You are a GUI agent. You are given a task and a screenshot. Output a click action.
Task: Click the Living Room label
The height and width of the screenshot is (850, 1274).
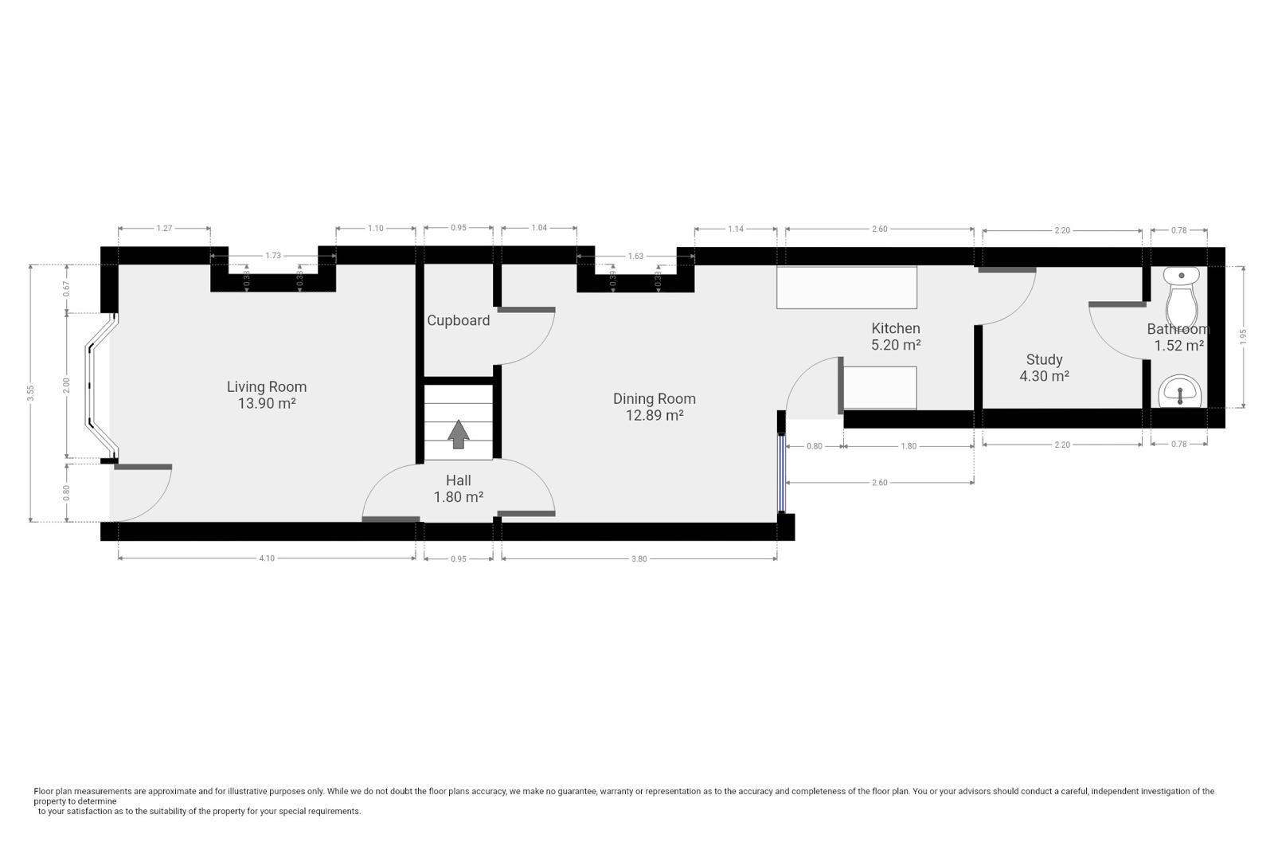[266, 386]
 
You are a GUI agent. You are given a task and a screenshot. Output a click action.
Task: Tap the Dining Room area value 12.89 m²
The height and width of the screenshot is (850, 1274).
[654, 415]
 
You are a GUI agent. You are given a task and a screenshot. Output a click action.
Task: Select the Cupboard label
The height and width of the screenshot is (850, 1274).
[458, 320]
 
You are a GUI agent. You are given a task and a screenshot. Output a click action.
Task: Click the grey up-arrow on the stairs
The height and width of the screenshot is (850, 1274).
[458, 434]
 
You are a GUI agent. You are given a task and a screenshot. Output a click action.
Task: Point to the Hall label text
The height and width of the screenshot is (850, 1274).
[458, 480]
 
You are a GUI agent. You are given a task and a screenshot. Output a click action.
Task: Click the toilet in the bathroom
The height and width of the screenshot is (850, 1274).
[1182, 296]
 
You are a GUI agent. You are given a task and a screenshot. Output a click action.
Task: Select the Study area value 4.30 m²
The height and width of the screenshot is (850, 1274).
[1044, 376]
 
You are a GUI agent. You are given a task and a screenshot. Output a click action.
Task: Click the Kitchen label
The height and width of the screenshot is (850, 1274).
[895, 328]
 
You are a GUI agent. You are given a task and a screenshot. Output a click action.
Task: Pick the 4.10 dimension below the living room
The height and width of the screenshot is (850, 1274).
[267, 558]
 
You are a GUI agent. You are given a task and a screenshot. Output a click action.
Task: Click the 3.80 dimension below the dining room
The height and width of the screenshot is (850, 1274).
[639, 558]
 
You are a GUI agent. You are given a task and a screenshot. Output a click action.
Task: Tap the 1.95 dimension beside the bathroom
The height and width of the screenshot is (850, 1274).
[1243, 336]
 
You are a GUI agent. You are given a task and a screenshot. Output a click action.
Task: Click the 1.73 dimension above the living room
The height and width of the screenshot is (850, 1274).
[273, 256]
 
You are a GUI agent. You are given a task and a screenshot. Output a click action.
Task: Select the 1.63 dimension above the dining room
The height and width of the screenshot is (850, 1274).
[635, 256]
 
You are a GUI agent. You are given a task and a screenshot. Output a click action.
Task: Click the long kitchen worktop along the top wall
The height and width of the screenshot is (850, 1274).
[846, 288]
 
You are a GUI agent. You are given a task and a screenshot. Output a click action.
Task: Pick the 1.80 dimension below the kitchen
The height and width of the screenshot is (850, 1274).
[908, 446]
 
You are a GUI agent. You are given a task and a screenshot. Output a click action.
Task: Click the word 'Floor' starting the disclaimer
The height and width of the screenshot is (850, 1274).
[43, 791]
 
